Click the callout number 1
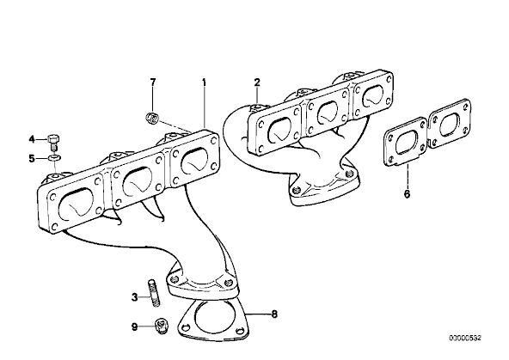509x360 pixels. click(204, 82)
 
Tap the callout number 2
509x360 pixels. click(257, 82)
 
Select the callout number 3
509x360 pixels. click(135, 296)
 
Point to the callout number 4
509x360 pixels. click(32, 139)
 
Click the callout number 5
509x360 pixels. click(32, 159)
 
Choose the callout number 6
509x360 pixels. click(407, 194)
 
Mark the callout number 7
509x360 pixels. click(153, 82)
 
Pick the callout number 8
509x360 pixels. click(274, 314)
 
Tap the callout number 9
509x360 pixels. click(134, 326)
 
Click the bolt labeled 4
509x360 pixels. click(53, 143)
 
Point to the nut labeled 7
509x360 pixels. click(151, 118)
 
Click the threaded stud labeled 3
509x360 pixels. click(154, 292)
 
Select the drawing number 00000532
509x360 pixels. click(465, 338)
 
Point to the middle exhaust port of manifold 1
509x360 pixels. click(137, 181)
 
